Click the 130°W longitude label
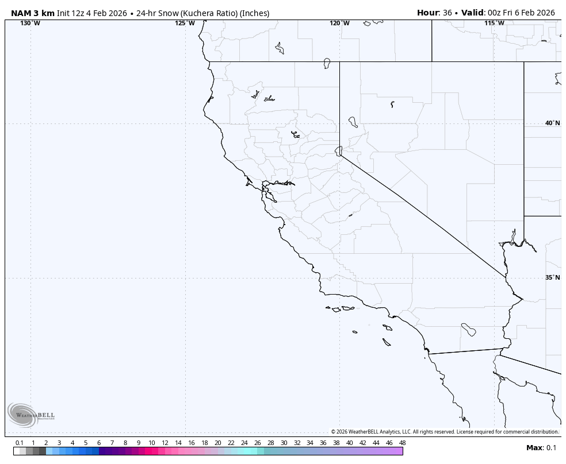pyautogui.click(x=30, y=23)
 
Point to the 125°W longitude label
pyautogui.click(x=185, y=23)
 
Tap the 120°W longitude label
pyautogui.click(x=339, y=23)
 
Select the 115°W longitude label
pyautogui.click(x=494, y=23)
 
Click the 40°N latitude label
pyautogui.click(x=552, y=123)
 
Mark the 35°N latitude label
pyautogui.click(x=552, y=277)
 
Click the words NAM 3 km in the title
pyautogui.click(x=33, y=13)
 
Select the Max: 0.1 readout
pyautogui.click(x=541, y=448)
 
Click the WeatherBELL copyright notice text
pyautogui.click(x=445, y=432)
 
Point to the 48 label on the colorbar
pyautogui.click(x=402, y=443)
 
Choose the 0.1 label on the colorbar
pyautogui.click(x=19, y=443)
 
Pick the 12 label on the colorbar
pyautogui.click(x=165, y=443)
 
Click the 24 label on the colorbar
pyautogui.click(x=244, y=443)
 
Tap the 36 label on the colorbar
pyautogui.click(x=323, y=443)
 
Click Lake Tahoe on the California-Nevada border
pyautogui.click(x=339, y=150)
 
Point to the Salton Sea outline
pyautogui.click(x=468, y=330)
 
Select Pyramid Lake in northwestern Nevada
pyautogui.click(x=353, y=122)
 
